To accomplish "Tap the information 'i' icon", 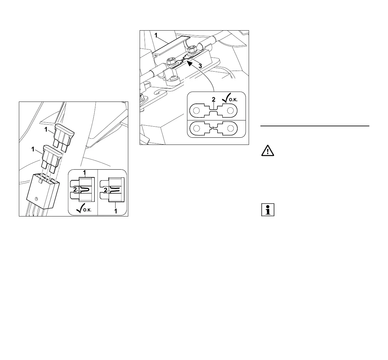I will click(268, 210).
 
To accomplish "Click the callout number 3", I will click(200, 66).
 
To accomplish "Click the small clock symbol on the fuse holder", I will click(35, 199).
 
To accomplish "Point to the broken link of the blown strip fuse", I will click(213, 129).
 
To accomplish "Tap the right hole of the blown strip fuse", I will click(231, 128).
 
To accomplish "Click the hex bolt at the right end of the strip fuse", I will click(192, 49).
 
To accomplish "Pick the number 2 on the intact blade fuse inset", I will click(75, 188).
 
